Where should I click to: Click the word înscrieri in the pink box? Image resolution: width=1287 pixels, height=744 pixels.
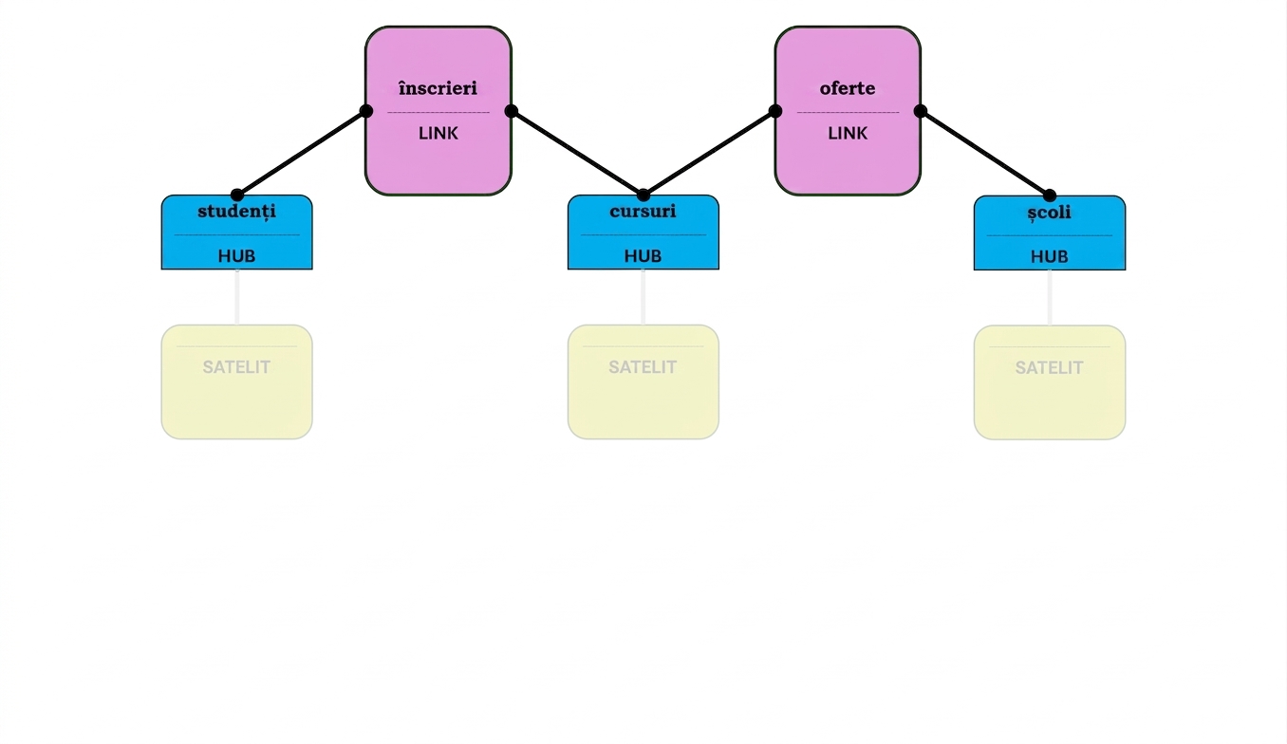point(438,88)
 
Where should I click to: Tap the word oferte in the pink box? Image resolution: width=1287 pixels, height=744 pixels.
point(848,88)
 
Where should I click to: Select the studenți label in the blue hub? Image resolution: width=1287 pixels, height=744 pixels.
point(236,212)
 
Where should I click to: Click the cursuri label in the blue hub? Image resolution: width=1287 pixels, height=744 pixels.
point(643,211)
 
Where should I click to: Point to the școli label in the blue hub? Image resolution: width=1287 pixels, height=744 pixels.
point(1049,213)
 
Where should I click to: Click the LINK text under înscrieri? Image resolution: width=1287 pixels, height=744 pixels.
point(438,133)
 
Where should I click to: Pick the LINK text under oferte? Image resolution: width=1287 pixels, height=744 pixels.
point(848,133)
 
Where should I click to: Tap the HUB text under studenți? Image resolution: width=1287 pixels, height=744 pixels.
point(236,255)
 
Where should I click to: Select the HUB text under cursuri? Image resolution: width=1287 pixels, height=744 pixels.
point(643,255)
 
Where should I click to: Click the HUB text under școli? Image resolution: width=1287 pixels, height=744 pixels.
point(1049,256)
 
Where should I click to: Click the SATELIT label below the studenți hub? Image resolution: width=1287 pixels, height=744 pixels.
point(236,367)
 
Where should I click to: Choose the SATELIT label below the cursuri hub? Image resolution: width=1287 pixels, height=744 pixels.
point(643,367)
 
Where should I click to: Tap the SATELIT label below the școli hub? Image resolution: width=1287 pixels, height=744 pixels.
point(1049,367)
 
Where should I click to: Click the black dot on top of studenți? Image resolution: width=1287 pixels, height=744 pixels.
point(236,195)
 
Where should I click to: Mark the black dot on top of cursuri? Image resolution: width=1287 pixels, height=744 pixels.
point(643,195)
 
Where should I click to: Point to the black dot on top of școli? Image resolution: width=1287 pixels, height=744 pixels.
point(1049,195)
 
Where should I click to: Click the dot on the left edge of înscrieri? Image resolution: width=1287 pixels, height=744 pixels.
point(366,111)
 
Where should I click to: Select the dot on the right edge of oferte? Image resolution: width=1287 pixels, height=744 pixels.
point(920,111)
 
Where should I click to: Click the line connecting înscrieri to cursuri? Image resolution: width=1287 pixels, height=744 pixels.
point(577,154)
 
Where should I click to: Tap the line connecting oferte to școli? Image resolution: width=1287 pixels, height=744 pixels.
point(985,154)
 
